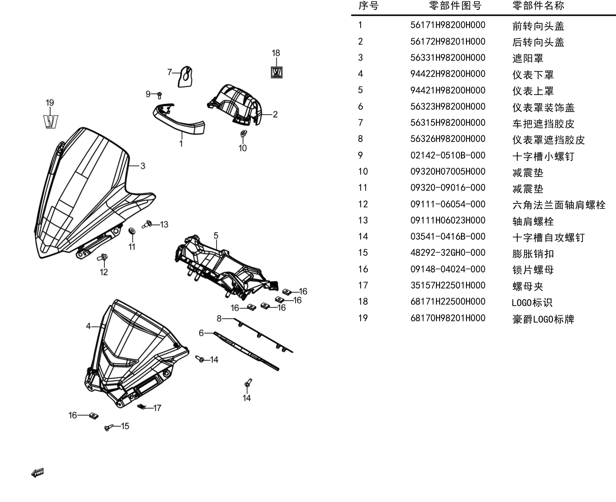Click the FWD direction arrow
point(38,473)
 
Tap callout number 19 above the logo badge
point(50,103)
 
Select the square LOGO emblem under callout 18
point(277,72)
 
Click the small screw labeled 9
point(159,95)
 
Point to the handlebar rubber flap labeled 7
point(185,77)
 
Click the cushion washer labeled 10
point(244,134)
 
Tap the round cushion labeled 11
point(132,231)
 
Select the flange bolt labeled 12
point(103,257)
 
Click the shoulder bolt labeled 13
point(147,224)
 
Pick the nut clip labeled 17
point(141,407)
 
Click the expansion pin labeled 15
point(109,427)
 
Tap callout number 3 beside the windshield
point(142,166)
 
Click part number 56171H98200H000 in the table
point(448,25)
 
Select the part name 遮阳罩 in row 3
point(528,58)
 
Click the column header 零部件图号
point(455,5)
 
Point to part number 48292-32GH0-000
point(448,253)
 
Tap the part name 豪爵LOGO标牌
point(543,319)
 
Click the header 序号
point(368,5)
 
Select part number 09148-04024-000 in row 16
point(448,269)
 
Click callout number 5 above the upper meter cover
point(216,235)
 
